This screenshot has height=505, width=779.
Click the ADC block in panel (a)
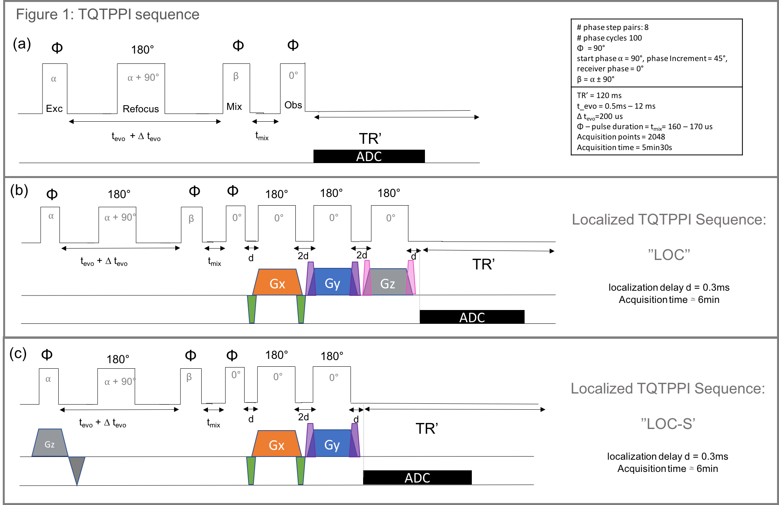tap(369, 156)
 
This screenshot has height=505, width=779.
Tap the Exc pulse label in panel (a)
tap(54, 109)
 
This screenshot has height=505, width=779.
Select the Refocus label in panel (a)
tap(141, 109)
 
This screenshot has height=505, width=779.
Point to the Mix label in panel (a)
tap(234, 106)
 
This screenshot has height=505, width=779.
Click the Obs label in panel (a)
tap(293, 105)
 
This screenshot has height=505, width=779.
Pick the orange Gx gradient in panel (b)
tap(277, 282)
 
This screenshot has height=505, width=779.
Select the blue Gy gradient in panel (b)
tap(333, 282)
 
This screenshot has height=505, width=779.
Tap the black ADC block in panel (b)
tap(472, 317)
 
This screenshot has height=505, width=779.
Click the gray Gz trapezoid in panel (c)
tap(50, 443)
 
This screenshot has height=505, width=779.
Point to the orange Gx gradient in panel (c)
tap(277, 444)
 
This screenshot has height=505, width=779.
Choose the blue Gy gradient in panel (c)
tap(332, 444)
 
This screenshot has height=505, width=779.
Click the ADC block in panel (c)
tap(417, 477)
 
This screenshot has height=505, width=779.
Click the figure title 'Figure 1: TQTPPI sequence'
tap(108, 15)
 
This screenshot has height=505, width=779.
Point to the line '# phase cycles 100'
tap(609, 38)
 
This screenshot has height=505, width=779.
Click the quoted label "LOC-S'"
tap(668, 424)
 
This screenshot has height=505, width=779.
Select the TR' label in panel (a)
tap(370, 139)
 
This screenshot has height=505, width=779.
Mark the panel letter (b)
tap(19, 190)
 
